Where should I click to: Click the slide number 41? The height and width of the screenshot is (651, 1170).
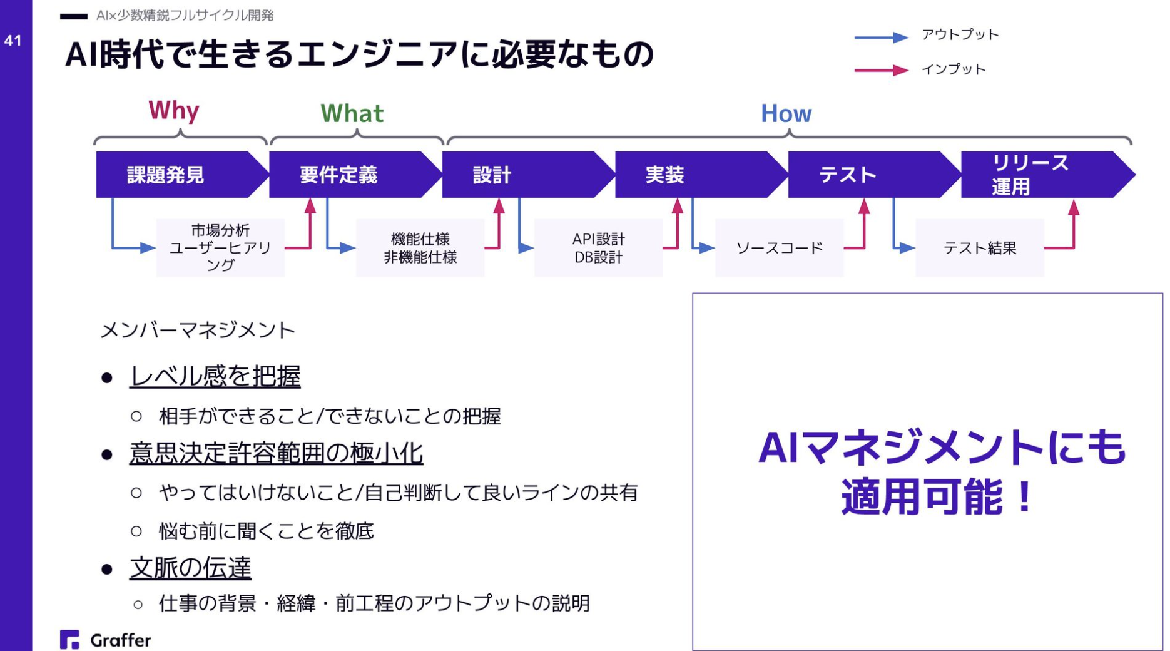(x=13, y=41)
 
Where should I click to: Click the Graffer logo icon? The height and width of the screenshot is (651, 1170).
(x=69, y=639)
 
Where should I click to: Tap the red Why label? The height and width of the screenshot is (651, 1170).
(x=173, y=110)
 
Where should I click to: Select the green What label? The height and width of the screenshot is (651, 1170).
(x=352, y=113)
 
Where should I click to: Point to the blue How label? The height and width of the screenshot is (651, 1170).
(x=786, y=113)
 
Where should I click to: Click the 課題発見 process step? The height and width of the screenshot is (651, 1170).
(x=175, y=175)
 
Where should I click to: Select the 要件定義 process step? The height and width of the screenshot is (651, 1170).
(x=348, y=175)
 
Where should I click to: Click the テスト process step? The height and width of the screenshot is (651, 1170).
(x=867, y=175)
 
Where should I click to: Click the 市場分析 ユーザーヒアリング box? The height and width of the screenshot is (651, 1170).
(x=220, y=248)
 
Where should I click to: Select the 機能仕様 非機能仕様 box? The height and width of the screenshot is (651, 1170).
(x=420, y=248)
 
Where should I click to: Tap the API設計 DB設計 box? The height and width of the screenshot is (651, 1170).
(x=598, y=248)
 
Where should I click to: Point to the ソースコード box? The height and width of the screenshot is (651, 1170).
(x=779, y=248)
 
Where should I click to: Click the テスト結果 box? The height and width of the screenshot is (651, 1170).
(x=979, y=248)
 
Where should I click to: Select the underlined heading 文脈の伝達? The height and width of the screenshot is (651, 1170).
(x=190, y=568)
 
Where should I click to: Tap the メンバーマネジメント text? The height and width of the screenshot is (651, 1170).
(x=198, y=330)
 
